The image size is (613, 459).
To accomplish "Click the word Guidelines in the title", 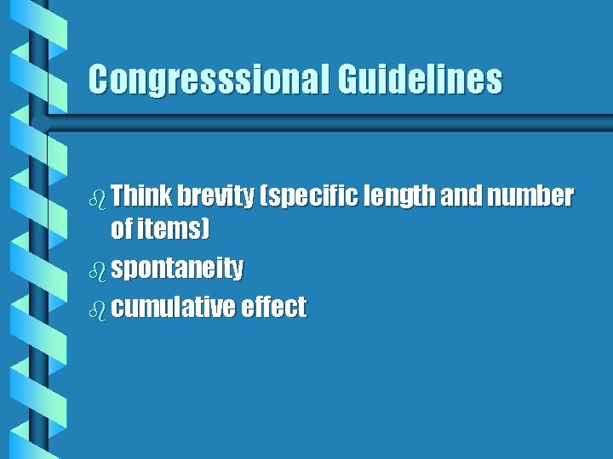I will point(419,80).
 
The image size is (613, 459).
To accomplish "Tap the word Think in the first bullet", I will point(140,197).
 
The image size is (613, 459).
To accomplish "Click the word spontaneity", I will point(177,269).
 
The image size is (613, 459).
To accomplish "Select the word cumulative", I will point(173,308).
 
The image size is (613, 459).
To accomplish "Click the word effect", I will point(273,308).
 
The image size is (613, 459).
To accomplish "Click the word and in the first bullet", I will point(461,197).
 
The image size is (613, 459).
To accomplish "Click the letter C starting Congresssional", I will point(100,80).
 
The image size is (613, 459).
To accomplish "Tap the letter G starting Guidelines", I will point(349,80).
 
